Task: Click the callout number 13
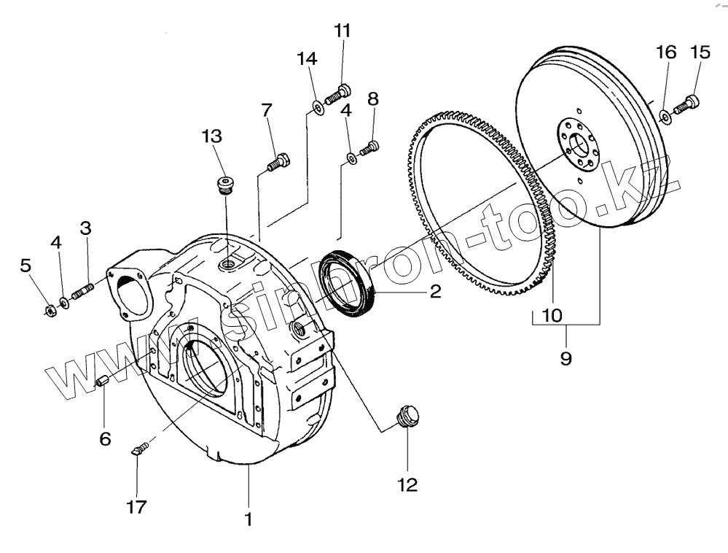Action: click(212, 136)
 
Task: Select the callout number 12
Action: click(407, 484)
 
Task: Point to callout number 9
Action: click(566, 357)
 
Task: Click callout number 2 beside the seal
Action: click(435, 293)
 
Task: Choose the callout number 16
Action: click(666, 52)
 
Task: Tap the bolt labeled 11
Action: click(339, 93)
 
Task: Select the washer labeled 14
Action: click(318, 109)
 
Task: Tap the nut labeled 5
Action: click(48, 311)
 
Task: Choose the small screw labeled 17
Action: click(140, 447)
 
